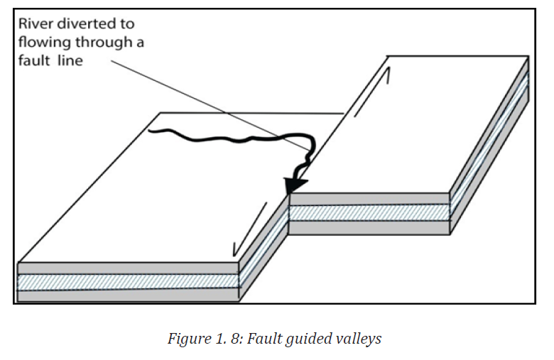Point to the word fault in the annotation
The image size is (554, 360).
point(34,60)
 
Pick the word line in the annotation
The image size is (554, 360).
point(70,60)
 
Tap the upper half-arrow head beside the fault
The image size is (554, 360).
point(387,75)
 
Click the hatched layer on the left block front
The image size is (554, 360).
point(129,282)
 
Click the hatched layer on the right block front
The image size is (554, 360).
point(369,213)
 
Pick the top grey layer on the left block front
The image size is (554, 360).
point(129,268)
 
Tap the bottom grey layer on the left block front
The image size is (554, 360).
point(129,295)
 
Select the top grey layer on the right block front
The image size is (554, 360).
point(369,200)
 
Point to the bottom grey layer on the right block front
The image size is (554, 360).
point(369,227)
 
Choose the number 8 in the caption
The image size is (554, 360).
point(234,339)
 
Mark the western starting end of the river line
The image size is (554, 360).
point(149,131)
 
